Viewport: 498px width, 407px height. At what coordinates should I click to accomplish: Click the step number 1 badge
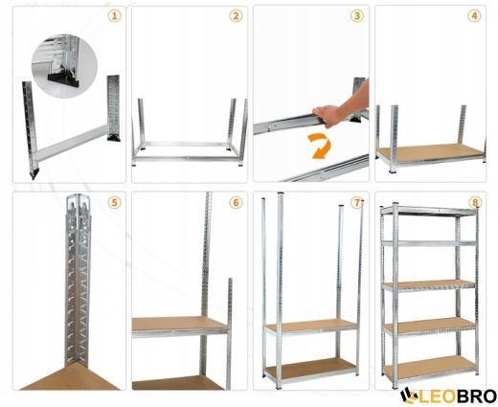click(x=114, y=15)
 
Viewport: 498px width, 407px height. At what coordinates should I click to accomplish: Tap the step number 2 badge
click(x=236, y=15)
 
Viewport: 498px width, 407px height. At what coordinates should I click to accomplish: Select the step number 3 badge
click(x=357, y=15)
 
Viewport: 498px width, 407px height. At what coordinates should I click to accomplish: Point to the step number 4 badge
click(x=474, y=15)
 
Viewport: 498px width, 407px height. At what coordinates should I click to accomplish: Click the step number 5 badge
click(x=114, y=202)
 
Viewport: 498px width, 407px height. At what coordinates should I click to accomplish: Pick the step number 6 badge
click(x=236, y=202)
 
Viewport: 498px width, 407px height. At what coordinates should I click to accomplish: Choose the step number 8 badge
click(x=475, y=202)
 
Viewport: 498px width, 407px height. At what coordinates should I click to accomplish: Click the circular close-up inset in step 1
click(x=64, y=66)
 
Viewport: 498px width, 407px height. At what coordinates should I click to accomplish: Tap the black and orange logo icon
click(x=409, y=396)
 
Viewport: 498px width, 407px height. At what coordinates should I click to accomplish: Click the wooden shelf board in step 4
click(x=430, y=151)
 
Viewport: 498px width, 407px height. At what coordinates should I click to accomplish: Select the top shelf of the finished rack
click(x=429, y=211)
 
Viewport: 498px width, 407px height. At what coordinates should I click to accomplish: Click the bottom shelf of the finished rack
click(x=429, y=366)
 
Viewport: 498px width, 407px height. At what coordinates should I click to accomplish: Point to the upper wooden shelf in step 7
click(x=311, y=325)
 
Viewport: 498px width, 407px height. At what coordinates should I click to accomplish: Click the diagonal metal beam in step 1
click(x=73, y=143)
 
